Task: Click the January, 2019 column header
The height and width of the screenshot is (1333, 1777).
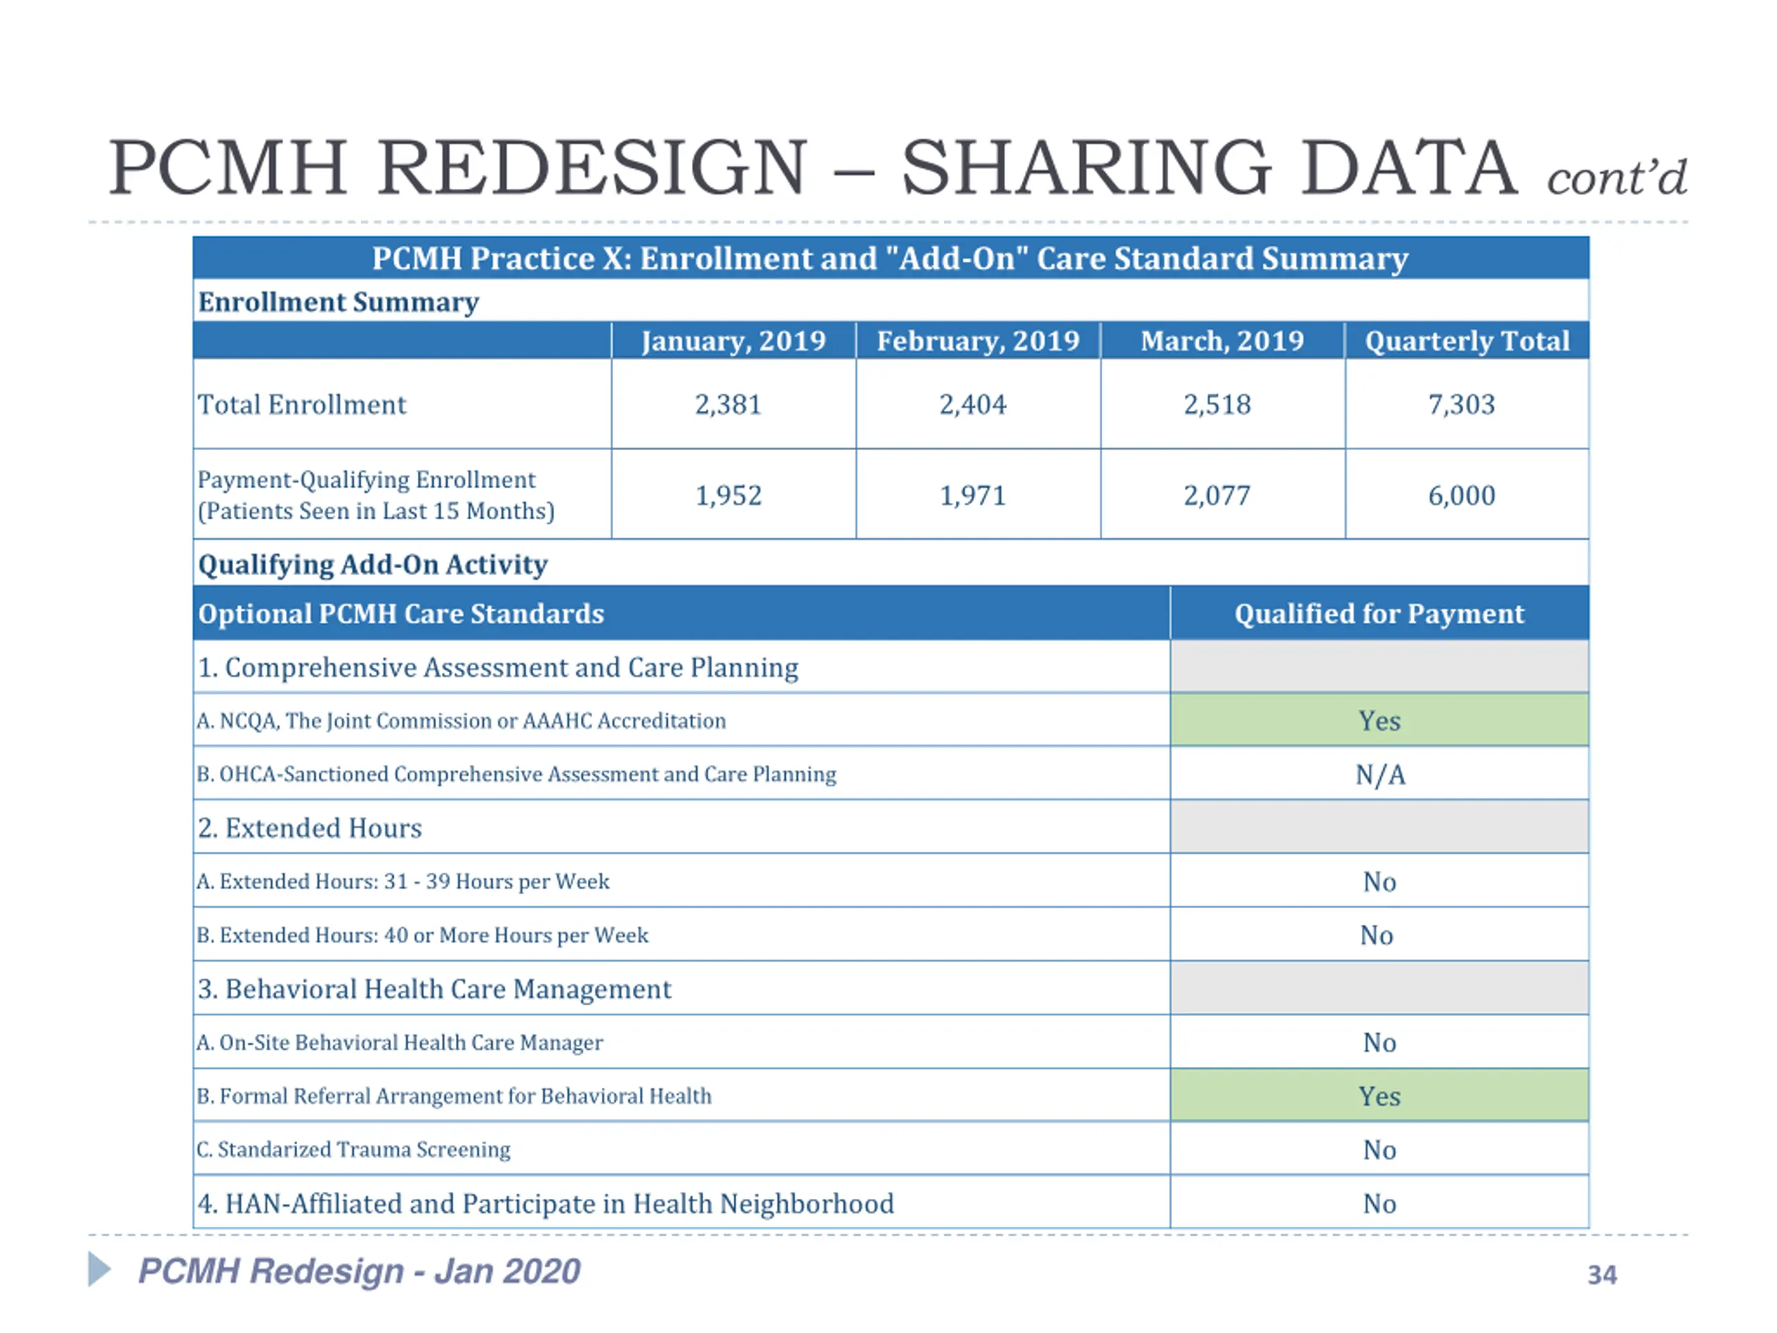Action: coord(734,341)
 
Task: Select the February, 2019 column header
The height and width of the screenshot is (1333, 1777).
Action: coord(977,341)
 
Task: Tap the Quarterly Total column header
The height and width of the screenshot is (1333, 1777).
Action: coord(1467,341)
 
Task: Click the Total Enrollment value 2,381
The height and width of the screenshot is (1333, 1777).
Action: coord(728,404)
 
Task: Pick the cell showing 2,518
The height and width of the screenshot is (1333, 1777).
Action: coord(1217,404)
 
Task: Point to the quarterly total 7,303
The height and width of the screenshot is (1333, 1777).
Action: coord(1461,404)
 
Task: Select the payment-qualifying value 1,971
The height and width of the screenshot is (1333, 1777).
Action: coord(973,495)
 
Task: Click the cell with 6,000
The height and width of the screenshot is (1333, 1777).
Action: coord(1461,495)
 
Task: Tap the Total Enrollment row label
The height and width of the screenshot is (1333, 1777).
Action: coord(302,404)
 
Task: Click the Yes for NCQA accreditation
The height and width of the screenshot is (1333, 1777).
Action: coord(1379,721)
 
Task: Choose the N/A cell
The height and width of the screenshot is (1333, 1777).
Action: coord(1380,775)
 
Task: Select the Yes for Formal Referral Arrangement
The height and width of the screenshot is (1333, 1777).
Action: coord(1379,1096)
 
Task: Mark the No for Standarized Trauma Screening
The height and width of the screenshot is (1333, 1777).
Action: coord(1379,1150)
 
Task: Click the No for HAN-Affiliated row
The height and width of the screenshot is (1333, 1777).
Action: coord(1379,1204)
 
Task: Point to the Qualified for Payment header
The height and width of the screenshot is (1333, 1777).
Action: coord(1379,614)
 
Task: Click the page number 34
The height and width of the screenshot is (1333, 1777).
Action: coord(1602,1275)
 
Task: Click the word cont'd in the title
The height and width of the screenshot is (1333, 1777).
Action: coord(1617,178)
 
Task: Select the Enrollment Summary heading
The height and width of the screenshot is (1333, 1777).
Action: coord(338,302)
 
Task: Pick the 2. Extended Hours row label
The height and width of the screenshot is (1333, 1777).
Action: coord(310,828)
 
